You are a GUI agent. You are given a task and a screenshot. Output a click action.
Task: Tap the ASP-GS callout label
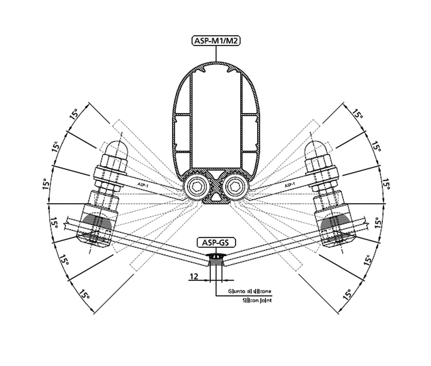pyautogui.click(x=216, y=243)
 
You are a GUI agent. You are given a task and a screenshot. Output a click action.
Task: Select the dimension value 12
pyautogui.click(x=194, y=277)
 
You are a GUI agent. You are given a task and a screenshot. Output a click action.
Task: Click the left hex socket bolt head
pyautogui.click(x=195, y=187)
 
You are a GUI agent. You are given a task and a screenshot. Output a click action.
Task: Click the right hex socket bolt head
pyautogui.click(x=236, y=187)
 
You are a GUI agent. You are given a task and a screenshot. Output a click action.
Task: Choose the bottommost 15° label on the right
pyautogui.click(x=347, y=294)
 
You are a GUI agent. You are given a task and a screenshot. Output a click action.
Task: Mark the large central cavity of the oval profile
pyautogui.click(x=216, y=121)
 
